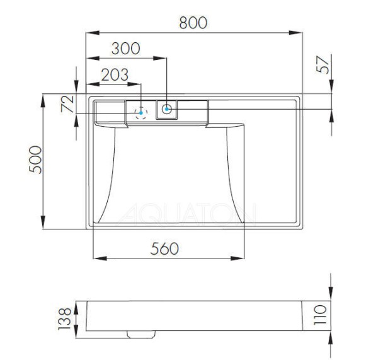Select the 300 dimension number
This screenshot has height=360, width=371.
click(x=126, y=49)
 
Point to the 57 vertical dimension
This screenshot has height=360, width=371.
click(x=322, y=65)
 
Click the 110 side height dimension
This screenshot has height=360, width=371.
click(x=322, y=313)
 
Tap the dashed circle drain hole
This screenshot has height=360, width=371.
click(x=141, y=112)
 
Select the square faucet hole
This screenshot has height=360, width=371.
click(x=167, y=109)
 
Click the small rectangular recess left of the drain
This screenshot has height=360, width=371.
click(x=109, y=112)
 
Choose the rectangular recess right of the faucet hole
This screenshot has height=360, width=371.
click(x=193, y=111)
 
